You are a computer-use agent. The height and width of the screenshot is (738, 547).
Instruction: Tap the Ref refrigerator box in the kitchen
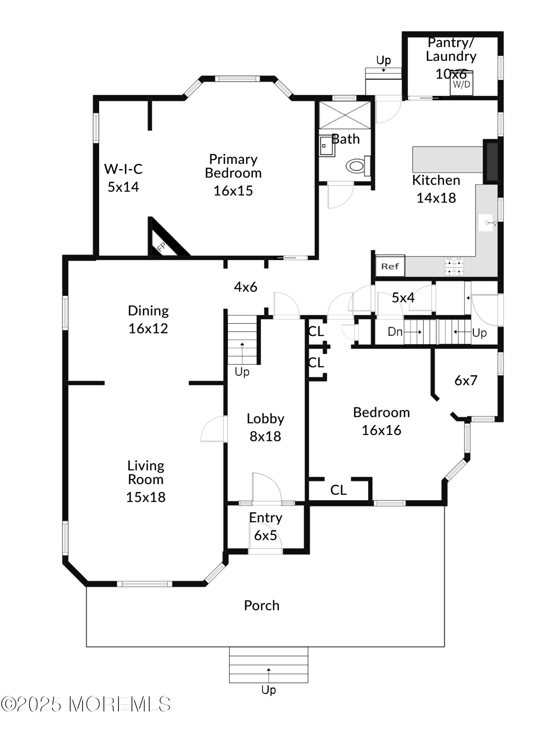(x=390, y=266)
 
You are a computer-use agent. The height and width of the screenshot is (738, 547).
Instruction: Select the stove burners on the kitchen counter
(x=454, y=266)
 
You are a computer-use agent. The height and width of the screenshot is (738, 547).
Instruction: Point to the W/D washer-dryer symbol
(x=461, y=83)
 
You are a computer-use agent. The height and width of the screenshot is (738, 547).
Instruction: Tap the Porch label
(x=262, y=606)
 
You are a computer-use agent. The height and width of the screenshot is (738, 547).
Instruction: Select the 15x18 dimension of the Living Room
(x=146, y=497)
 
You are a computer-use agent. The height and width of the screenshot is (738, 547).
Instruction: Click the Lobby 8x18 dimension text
(x=265, y=436)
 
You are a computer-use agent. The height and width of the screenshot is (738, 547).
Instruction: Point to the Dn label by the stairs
(x=395, y=331)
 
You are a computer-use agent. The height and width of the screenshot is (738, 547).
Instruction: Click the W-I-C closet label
(x=123, y=169)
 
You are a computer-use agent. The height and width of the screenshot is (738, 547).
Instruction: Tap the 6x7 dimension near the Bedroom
(x=466, y=380)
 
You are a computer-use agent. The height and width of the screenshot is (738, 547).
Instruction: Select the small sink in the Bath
(x=327, y=145)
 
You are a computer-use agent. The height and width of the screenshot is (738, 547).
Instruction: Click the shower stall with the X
(x=345, y=115)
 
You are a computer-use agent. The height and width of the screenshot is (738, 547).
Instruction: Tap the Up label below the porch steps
(x=269, y=690)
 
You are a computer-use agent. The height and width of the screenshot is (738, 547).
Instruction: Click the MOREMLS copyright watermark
(x=86, y=704)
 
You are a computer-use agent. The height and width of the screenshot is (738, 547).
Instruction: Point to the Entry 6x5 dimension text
(x=265, y=535)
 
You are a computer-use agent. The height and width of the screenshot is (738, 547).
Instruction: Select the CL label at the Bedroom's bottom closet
(x=338, y=490)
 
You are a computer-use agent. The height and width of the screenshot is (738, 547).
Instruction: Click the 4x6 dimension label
(x=245, y=287)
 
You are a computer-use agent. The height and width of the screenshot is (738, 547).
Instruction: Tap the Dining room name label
(x=148, y=311)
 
